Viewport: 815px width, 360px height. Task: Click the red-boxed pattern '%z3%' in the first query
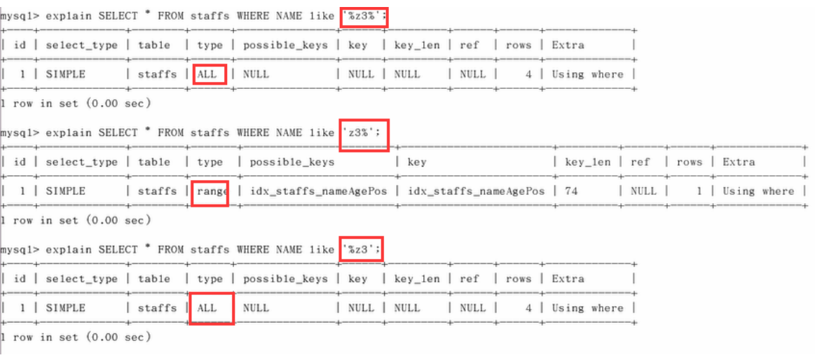tap(364, 15)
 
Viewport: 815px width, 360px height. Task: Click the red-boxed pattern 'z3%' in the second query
tap(363, 132)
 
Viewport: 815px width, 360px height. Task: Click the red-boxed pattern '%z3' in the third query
tap(361, 249)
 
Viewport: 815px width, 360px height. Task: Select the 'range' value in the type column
tap(210, 191)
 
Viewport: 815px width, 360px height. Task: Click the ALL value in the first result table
tap(210, 74)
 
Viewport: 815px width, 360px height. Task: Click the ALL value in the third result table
tap(210, 307)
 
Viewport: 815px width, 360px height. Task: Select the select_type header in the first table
tap(82, 45)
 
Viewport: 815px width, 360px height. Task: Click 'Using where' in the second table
tap(758, 191)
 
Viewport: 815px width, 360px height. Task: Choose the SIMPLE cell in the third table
tap(65, 307)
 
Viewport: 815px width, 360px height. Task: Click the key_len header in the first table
tap(417, 45)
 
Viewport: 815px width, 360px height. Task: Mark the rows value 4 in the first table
tap(528, 74)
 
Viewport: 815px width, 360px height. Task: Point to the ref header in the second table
tap(640, 162)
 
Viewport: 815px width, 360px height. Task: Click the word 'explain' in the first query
tap(68, 15)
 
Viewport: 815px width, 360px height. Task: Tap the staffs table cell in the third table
tap(157, 307)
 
